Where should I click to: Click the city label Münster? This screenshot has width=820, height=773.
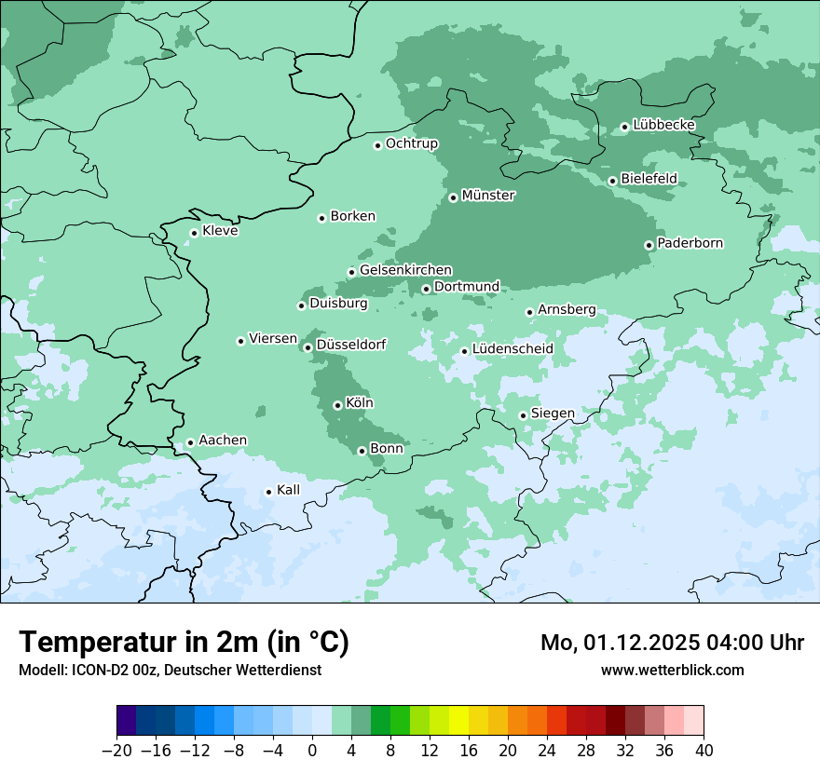point(488,196)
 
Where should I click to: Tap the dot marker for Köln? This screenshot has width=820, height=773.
point(337,405)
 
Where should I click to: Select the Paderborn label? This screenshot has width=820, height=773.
point(690,243)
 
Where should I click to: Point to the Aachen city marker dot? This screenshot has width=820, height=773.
point(190,443)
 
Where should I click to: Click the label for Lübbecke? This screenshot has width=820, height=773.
point(663,125)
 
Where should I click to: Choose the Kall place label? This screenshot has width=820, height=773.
point(288,490)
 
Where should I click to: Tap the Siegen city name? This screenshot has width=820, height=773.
point(553,413)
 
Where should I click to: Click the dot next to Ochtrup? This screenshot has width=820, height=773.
point(377,145)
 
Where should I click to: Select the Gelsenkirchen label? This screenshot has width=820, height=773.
point(405,270)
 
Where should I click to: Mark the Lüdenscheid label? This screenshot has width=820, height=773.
point(512,349)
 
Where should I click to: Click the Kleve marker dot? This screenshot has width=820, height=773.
point(194,234)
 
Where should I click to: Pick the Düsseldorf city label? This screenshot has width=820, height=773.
point(351,345)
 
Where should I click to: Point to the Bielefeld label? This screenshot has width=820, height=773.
point(649,178)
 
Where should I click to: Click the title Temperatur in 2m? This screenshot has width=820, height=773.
point(184,642)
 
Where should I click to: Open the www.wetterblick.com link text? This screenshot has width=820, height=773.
point(672,670)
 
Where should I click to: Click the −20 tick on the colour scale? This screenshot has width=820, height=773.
point(116,751)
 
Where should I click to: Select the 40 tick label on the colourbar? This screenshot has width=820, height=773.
point(704,751)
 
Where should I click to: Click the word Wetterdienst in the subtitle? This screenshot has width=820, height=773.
point(280,670)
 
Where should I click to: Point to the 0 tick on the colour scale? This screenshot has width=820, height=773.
point(312,751)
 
